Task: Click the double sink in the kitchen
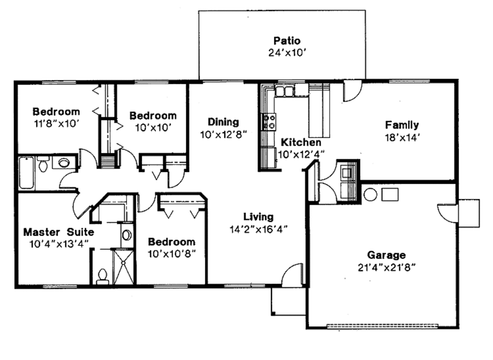click(285, 90)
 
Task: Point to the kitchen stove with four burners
click(269, 121)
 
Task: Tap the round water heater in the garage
click(370, 195)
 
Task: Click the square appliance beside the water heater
click(390, 194)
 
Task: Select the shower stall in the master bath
click(124, 266)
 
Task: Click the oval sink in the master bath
click(127, 235)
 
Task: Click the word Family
click(402, 125)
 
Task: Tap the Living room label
click(258, 217)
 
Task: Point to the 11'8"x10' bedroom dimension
click(56, 123)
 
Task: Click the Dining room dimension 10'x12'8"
click(223, 134)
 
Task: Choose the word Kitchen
click(301, 142)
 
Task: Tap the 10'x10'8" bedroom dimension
click(172, 253)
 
